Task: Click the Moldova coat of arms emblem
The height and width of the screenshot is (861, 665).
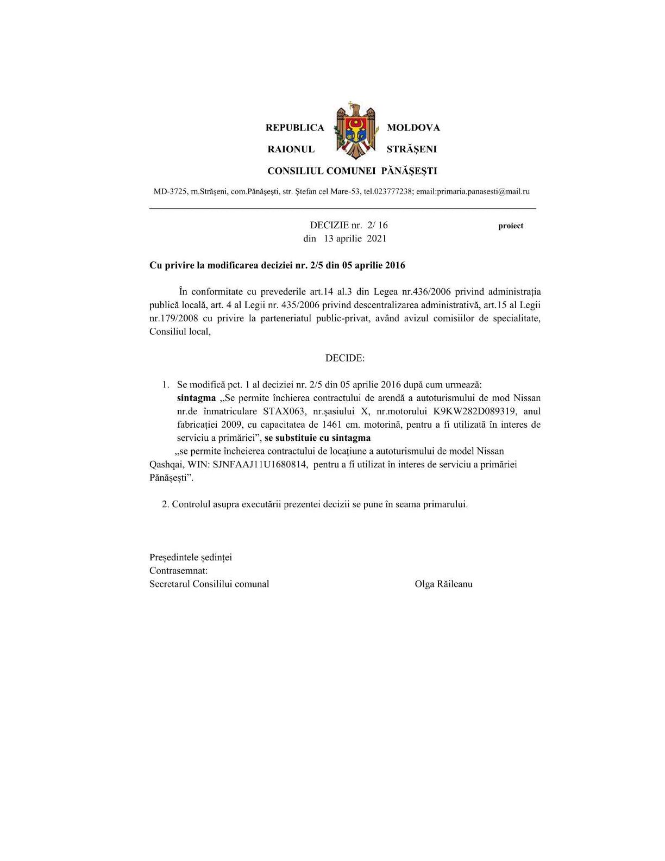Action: pos(355,131)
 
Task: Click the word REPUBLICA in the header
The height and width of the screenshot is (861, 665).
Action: pos(294,128)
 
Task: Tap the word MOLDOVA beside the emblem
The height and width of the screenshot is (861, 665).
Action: pos(413,128)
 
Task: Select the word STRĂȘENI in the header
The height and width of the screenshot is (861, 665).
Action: pos(411,149)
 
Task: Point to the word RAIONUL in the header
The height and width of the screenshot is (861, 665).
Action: pos(291,149)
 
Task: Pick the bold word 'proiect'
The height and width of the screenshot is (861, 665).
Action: pos(511,226)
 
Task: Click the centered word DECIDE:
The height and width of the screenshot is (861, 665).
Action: pos(345,358)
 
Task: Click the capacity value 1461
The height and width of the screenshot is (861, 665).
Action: pos(333,425)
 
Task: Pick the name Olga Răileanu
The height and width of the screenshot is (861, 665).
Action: pos(443,584)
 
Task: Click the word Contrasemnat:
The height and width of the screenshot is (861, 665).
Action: pos(179,571)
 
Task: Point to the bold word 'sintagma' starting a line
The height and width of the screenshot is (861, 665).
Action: pos(196,398)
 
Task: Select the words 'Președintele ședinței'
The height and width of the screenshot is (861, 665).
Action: pos(191,558)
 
